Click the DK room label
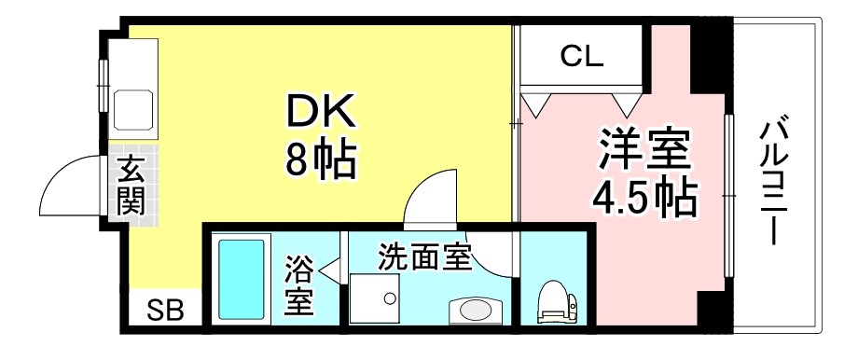(x=320, y=114)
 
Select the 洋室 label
(x=643, y=149)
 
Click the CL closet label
(x=582, y=57)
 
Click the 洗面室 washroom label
(x=424, y=256)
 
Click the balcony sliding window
(x=727, y=196)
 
